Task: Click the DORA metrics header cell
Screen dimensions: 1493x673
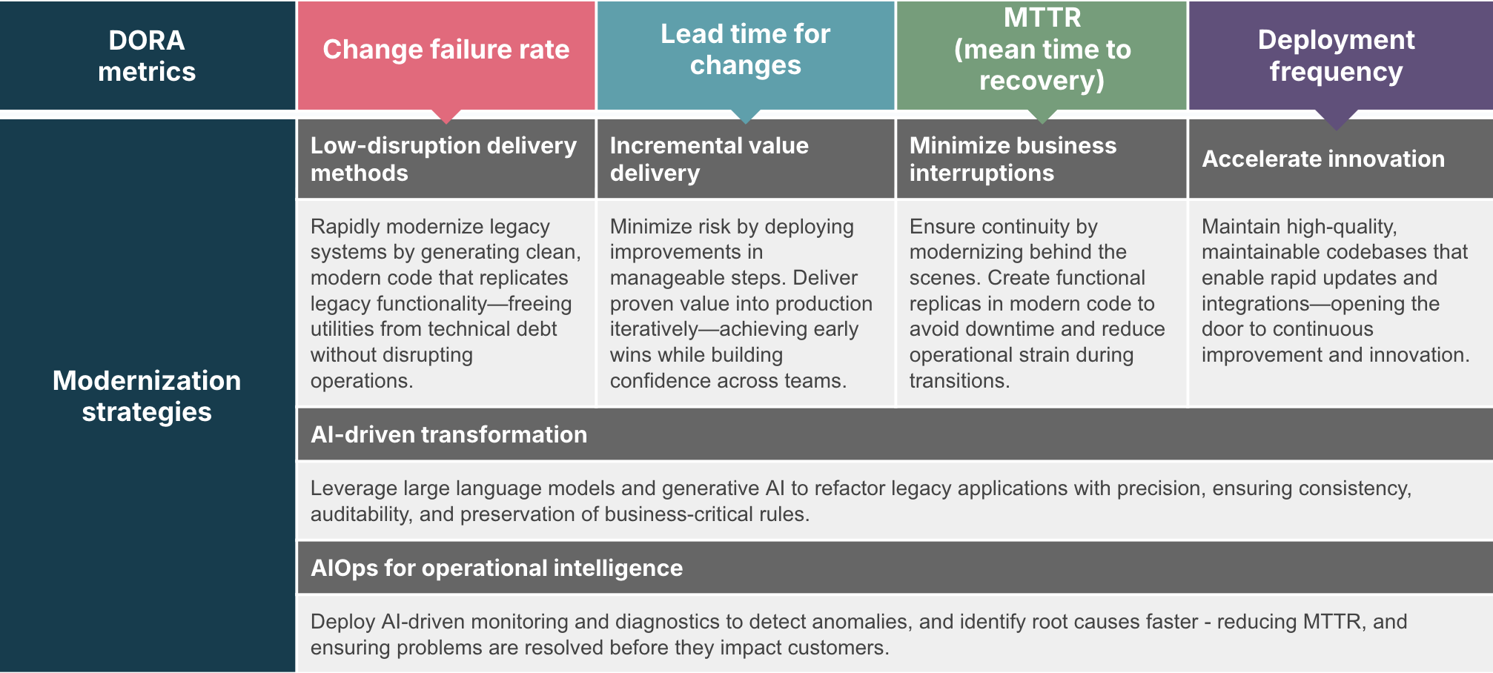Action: (x=147, y=56)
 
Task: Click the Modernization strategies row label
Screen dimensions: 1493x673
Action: (x=147, y=396)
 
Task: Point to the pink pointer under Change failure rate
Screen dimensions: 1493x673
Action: (x=446, y=116)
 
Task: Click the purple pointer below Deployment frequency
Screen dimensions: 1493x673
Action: (x=1337, y=119)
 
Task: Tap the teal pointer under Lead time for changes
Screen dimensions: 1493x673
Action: (x=746, y=116)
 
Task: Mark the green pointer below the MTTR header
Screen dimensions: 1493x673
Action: (x=1042, y=116)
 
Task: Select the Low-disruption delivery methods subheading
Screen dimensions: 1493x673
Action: (x=443, y=159)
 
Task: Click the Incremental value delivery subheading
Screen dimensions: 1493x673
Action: (x=709, y=159)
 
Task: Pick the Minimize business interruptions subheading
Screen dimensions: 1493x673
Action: (x=1013, y=159)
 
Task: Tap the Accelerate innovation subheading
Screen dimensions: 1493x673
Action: (x=1323, y=159)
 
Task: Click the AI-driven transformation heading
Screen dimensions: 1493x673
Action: (x=448, y=434)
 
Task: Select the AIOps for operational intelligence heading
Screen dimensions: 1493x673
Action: (x=497, y=568)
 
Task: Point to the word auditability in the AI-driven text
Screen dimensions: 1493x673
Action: (x=360, y=514)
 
